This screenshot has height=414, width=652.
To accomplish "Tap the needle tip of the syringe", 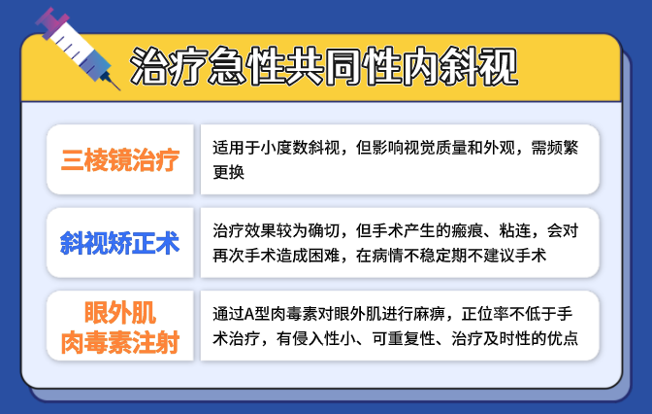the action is [120, 89].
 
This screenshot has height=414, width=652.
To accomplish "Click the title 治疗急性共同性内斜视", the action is [324, 67].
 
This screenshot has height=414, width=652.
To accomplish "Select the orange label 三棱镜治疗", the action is [120, 160].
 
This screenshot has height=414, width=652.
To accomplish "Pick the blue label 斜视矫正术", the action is [120, 243].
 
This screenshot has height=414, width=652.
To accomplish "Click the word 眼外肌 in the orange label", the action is [120, 312].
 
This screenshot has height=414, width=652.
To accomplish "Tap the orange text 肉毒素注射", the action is [120, 342].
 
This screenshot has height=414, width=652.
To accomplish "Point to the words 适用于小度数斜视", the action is [277, 148].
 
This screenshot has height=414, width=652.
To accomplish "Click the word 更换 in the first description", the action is [228, 172].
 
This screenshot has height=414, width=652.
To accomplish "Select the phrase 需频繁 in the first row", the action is [555, 148].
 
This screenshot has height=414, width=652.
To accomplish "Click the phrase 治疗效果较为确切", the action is [277, 230].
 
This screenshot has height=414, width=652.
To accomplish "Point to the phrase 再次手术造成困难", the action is [277, 256].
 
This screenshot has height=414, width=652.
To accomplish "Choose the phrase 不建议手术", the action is [506, 256].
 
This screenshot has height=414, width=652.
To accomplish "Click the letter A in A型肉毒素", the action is [249, 314].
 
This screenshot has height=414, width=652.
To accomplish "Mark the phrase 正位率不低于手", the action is [517, 314].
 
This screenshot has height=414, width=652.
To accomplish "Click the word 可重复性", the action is [404, 338].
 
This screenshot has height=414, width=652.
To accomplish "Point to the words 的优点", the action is [555, 338].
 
